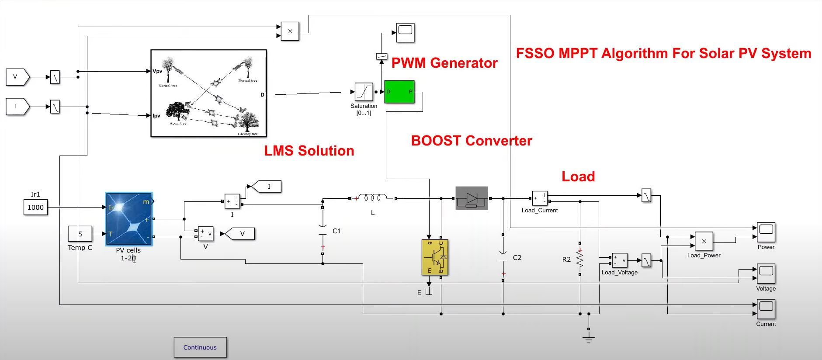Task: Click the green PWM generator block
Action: coord(399,92)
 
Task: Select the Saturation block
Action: coord(364,92)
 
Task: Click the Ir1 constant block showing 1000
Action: coord(35,207)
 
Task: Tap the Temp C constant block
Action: coord(80,234)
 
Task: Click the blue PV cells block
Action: coord(129,219)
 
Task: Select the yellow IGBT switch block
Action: coord(435,257)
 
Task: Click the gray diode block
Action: coord(472,198)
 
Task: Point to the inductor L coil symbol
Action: coord(372,198)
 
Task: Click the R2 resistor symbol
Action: coord(580,259)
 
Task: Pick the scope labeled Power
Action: coord(766,232)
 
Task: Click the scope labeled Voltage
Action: coord(766,274)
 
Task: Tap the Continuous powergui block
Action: coord(200,347)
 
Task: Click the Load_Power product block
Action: coord(704,241)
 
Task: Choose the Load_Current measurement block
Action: coord(540,198)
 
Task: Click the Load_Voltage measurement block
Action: coord(619,261)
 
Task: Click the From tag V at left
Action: coord(17,77)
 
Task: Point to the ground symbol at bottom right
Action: coord(589,338)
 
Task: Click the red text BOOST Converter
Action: coord(471,141)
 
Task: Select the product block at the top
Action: coord(290,31)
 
